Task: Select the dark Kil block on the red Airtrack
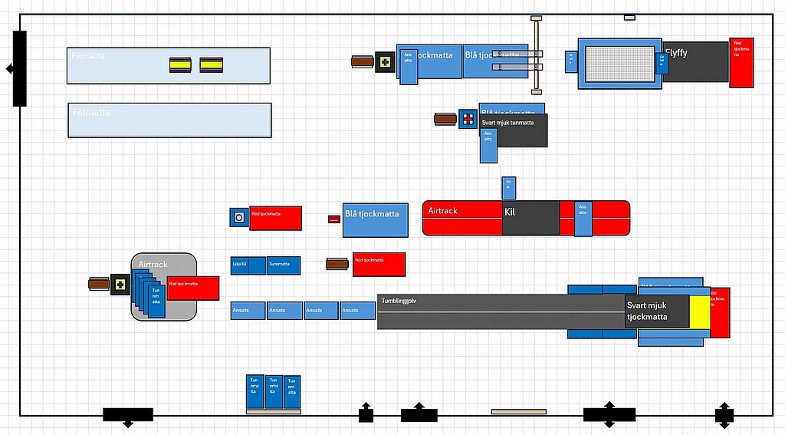coord(530,218)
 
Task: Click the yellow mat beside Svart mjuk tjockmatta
coord(699,316)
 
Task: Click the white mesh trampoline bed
coord(620,64)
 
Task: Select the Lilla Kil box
coord(239,265)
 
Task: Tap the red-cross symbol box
coord(468,119)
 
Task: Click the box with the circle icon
coord(239,218)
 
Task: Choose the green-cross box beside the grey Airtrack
coord(120,285)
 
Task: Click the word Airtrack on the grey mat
coord(153,265)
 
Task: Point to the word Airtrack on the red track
coord(442,211)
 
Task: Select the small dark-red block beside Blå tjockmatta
coord(334,219)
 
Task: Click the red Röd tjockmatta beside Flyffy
coord(741,63)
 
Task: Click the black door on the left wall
coord(19,69)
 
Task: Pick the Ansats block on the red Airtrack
coord(583,219)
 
